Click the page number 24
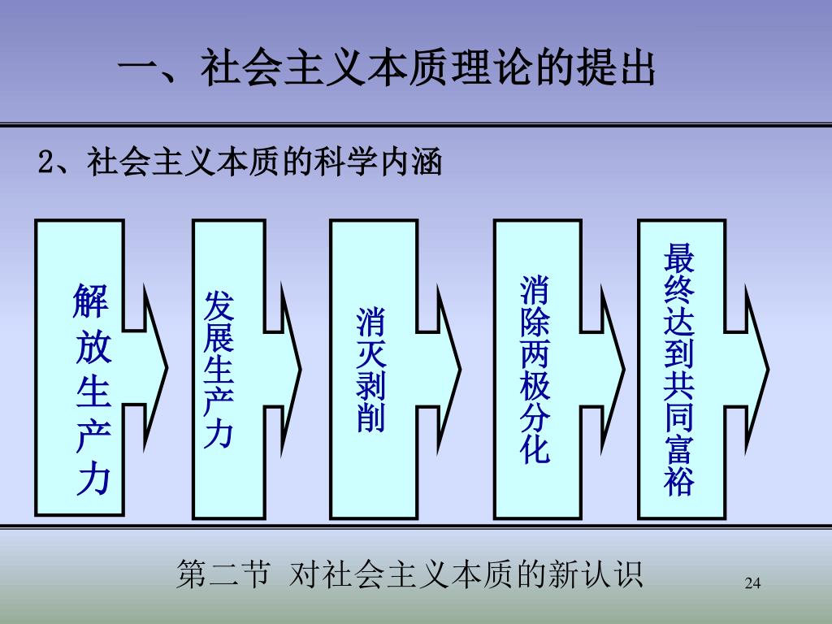point(752,583)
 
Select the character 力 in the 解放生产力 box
point(92,480)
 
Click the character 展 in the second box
point(219,338)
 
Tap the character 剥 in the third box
point(370,385)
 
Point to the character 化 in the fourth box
point(535,449)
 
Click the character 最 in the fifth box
point(679,258)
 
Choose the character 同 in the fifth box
point(679,417)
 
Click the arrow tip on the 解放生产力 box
point(165,368)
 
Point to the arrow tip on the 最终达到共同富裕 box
point(766,368)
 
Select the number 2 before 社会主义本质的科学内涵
point(46,162)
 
